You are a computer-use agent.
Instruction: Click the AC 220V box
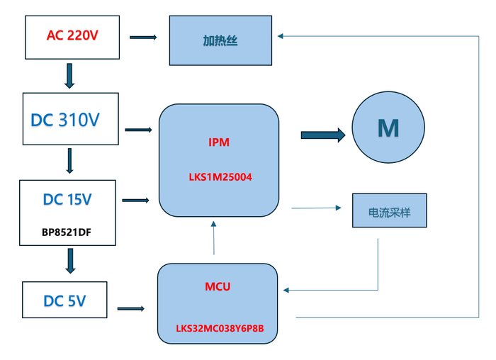pyautogui.click(x=72, y=35)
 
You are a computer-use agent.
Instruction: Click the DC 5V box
pyautogui.click(x=64, y=300)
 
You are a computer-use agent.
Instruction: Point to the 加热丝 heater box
pyautogui.click(x=220, y=41)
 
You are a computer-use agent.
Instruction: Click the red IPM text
pyautogui.click(x=219, y=142)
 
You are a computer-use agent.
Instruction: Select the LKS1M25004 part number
pyautogui.click(x=219, y=178)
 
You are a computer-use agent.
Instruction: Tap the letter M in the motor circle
pyautogui.click(x=388, y=128)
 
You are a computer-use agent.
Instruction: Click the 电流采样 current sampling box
pyautogui.click(x=390, y=210)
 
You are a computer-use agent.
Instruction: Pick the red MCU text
pyautogui.click(x=218, y=287)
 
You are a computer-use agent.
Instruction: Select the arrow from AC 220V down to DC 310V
pyautogui.click(x=69, y=76)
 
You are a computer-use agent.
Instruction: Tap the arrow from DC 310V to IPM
pyautogui.click(x=139, y=130)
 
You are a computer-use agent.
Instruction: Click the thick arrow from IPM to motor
pyautogui.click(x=323, y=134)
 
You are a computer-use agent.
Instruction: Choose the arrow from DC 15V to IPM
pyautogui.click(x=136, y=201)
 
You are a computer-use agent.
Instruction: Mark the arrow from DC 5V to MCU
pyautogui.click(x=131, y=308)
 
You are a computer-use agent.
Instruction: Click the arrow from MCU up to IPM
pyautogui.click(x=214, y=237)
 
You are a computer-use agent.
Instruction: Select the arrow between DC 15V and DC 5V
pyautogui.click(x=69, y=260)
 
